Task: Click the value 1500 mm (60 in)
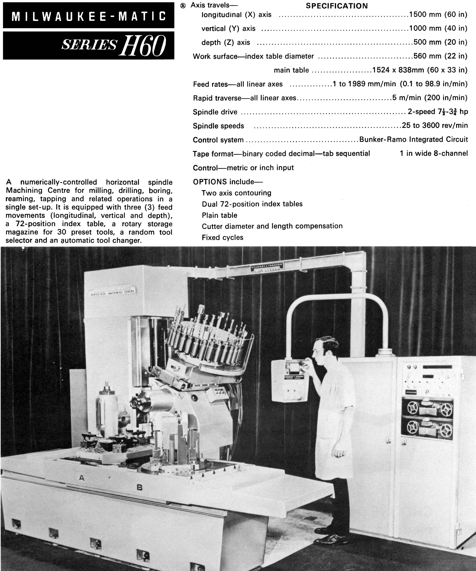point(438,14)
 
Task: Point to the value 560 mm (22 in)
point(440,56)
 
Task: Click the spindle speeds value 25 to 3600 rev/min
point(435,125)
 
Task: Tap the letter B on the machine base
point(139,488)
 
